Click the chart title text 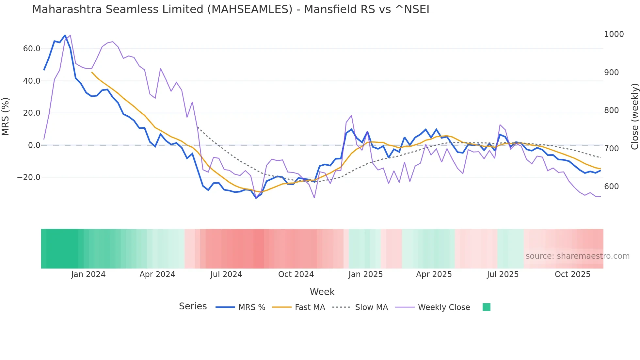coord(231,9)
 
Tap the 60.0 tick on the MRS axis coord(32,49)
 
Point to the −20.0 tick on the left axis coord(29,177)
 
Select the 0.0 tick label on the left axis coord(34,145)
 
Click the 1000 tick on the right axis coord(614,34)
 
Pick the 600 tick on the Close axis coord(611,187)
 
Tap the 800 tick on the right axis coord(611,110)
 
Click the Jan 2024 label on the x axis coord(88,274)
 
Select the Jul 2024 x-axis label coord(226,274)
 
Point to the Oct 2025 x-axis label coord(572,274)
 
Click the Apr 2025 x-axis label coord(434,274)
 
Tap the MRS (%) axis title coord(5,116)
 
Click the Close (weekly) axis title coord(634,116)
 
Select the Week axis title coord(322,292)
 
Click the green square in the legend coord(486,307)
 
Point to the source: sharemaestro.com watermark coord(577,256)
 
